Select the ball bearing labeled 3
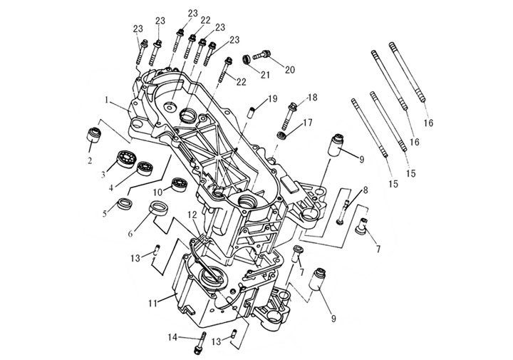pos(128,158)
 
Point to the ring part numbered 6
pos(160,210)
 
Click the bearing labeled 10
pos(177,183)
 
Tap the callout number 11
pos(152,304)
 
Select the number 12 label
pos(192,214)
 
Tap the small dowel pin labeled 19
pos(252,110)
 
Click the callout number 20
pos(290,70)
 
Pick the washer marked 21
pos(247,58)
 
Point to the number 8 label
pos(366,190)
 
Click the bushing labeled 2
pos(91,133)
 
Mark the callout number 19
pos(273,98)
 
